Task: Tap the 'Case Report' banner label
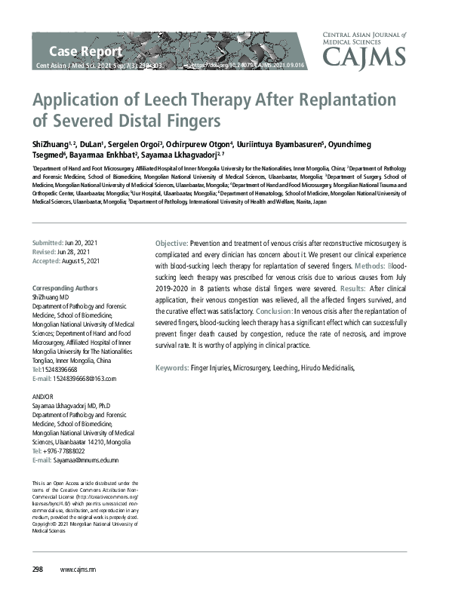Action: click(85, 51)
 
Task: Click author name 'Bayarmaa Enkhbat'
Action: click(101, 155)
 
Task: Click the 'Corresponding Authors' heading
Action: click(65, 288)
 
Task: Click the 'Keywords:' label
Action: click(171, 367)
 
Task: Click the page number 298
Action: click(37, 569)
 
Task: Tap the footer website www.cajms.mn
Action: click(78, 569)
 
